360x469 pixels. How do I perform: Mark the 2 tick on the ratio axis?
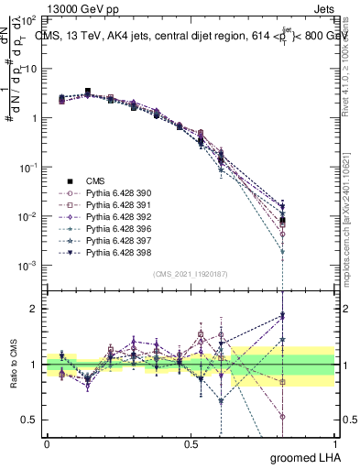(32, 309)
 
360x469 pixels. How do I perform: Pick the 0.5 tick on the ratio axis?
(27, 420)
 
